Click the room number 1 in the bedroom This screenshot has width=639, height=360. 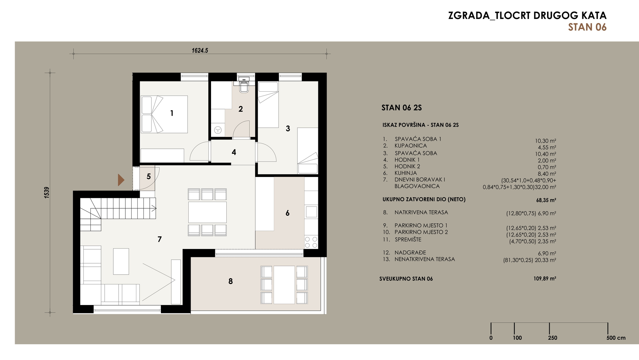tap(172, 113)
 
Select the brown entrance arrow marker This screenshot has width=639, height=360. tap(121, 180)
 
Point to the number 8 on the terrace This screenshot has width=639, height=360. tap(230, 281)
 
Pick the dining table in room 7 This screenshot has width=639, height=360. tap(207, 212)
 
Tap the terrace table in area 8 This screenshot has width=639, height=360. tap(284, 285)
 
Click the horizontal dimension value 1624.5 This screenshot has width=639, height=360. tap(200, 50)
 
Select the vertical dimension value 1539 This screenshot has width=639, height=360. tap(47, 192)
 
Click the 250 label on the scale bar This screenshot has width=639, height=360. tap(552, 338)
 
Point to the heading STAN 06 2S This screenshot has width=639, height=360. tap(402, 108)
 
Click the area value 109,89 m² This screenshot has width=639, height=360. tap(545, 279)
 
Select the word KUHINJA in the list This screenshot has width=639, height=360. tap(406, 173)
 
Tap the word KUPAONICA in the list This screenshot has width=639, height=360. tap(411, 146)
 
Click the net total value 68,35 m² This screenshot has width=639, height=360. tap(546, 200)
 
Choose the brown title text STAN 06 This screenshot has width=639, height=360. tap(587, 27)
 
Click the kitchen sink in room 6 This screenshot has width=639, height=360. tap(311, 212)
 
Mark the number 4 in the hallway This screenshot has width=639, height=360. tap(234, 152)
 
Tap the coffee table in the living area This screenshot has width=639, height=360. tap(121, 261)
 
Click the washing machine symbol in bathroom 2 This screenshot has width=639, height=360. tap(218, 130)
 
